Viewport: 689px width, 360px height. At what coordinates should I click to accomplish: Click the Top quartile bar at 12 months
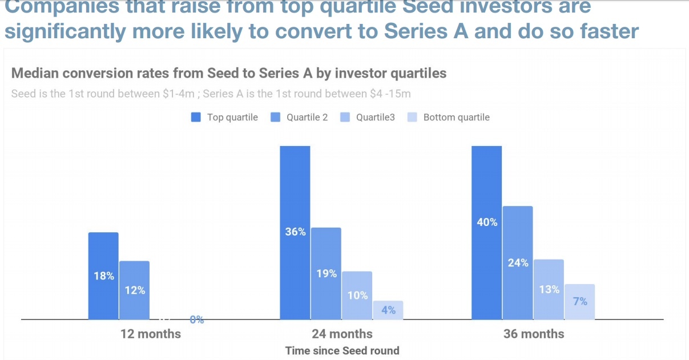[103, 276]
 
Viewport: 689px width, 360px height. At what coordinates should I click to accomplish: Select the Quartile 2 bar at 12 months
[134, 290]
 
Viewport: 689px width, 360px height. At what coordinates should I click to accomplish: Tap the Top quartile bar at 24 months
[295, 232]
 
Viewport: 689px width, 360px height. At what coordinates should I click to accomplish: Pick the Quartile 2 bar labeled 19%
[326, 273]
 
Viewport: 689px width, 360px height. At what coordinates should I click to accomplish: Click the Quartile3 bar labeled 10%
[357, 295]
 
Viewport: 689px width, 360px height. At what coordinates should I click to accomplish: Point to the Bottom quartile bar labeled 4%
[388, 310]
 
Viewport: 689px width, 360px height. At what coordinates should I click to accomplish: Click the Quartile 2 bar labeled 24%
[518, 262]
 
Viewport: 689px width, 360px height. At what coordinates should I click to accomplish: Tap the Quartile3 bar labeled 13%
[549, 289]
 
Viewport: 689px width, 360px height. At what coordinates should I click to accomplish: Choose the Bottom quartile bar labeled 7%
[579, 301]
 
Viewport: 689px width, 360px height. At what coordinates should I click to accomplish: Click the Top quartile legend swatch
[196, 118]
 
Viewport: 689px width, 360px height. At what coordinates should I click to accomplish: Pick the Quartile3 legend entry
[368, 118]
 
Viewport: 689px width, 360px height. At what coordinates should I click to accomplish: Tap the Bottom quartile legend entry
[449, 118]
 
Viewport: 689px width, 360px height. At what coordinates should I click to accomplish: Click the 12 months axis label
[151, 334]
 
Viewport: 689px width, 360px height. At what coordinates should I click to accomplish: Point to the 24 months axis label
[342, 334]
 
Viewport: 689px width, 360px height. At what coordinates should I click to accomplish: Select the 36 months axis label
[534, 334]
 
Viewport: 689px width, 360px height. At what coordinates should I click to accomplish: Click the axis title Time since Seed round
[342, 350]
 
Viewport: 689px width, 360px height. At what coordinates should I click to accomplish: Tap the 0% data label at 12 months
[197, 320]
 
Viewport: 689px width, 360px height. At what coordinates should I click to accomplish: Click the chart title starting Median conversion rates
[229, 74]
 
